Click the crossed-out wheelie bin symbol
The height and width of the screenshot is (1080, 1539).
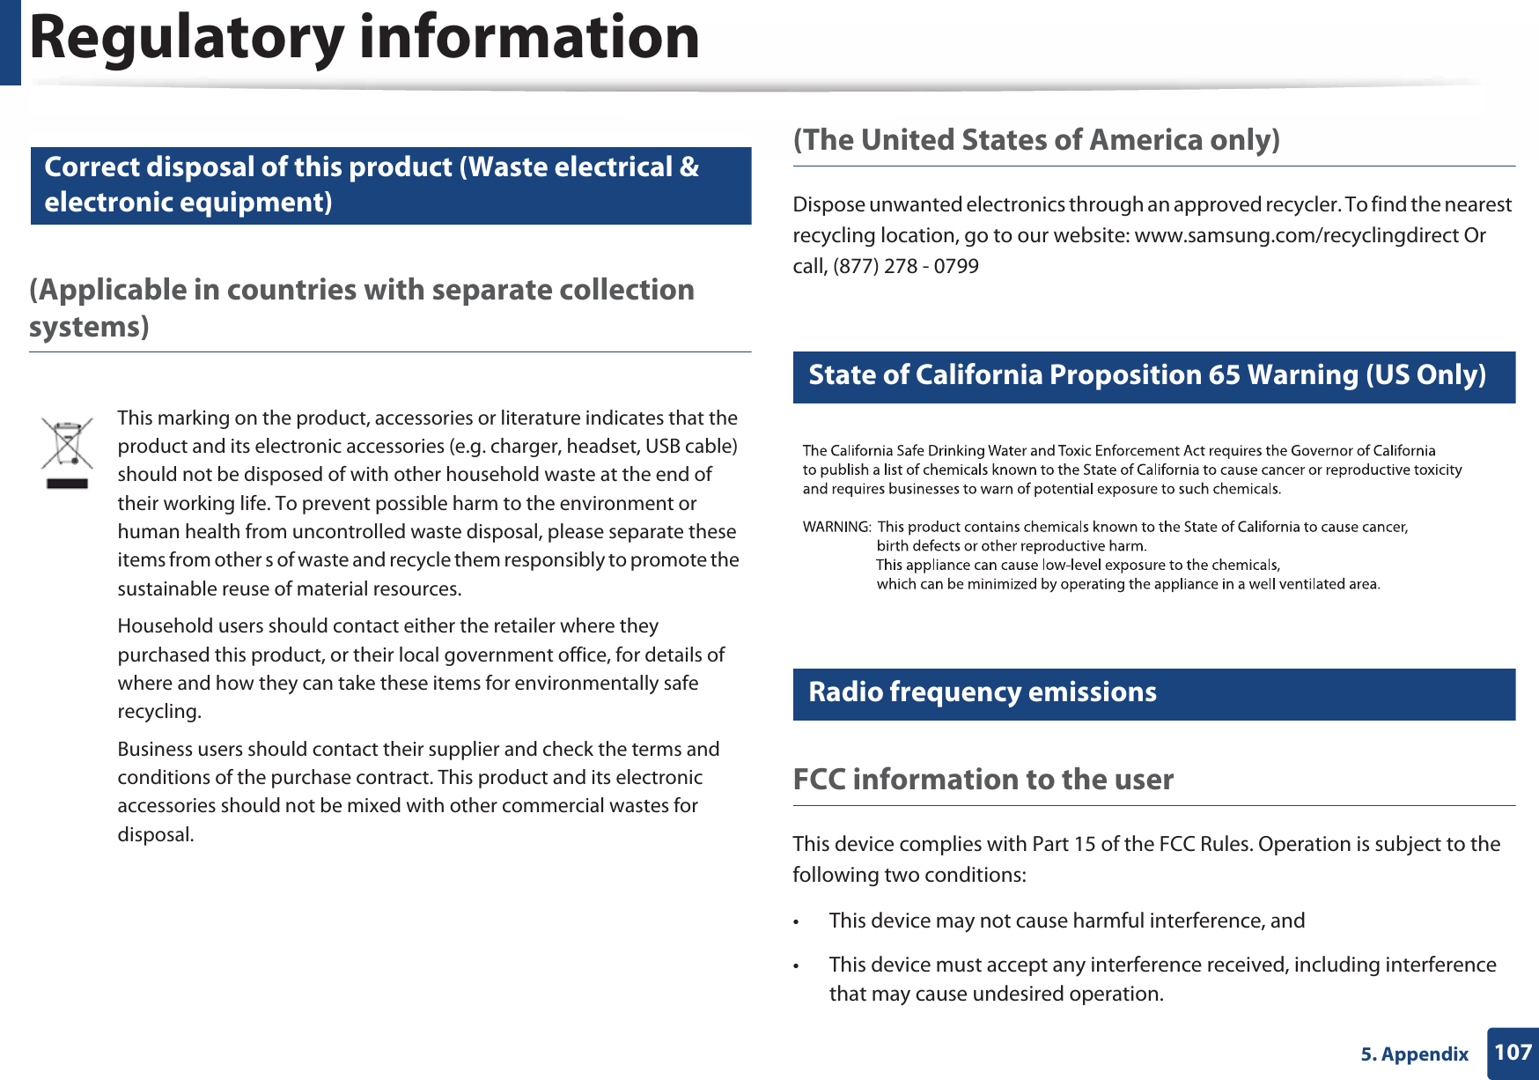(x=67, y=452)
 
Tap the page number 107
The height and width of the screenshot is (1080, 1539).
(x=1513, y=1052)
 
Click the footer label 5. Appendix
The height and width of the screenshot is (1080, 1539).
(x=1414, y=1054)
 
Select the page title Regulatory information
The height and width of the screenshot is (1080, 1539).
(x=364, y=38)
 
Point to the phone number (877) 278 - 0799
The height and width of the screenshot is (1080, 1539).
(x=905, y=266)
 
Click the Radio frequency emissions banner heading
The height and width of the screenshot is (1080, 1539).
(x=982, y=692)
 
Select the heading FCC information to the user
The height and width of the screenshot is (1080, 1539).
(x=983, y=779)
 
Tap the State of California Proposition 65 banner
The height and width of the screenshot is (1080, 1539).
(x=1146, y=375)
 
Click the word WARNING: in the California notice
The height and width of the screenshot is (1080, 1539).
(x=836, y=527)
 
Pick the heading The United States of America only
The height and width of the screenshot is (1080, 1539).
(x=1036, y=140)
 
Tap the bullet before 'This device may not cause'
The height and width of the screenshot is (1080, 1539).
(x=796, y=922)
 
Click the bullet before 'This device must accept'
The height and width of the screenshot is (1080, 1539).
(x=796, y=966)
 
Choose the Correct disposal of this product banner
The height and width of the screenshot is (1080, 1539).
(x=390, y=185)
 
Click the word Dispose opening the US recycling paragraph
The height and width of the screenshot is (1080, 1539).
(x=828, y=204)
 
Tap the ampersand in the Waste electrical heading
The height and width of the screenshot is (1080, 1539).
(x=689, y=167)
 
